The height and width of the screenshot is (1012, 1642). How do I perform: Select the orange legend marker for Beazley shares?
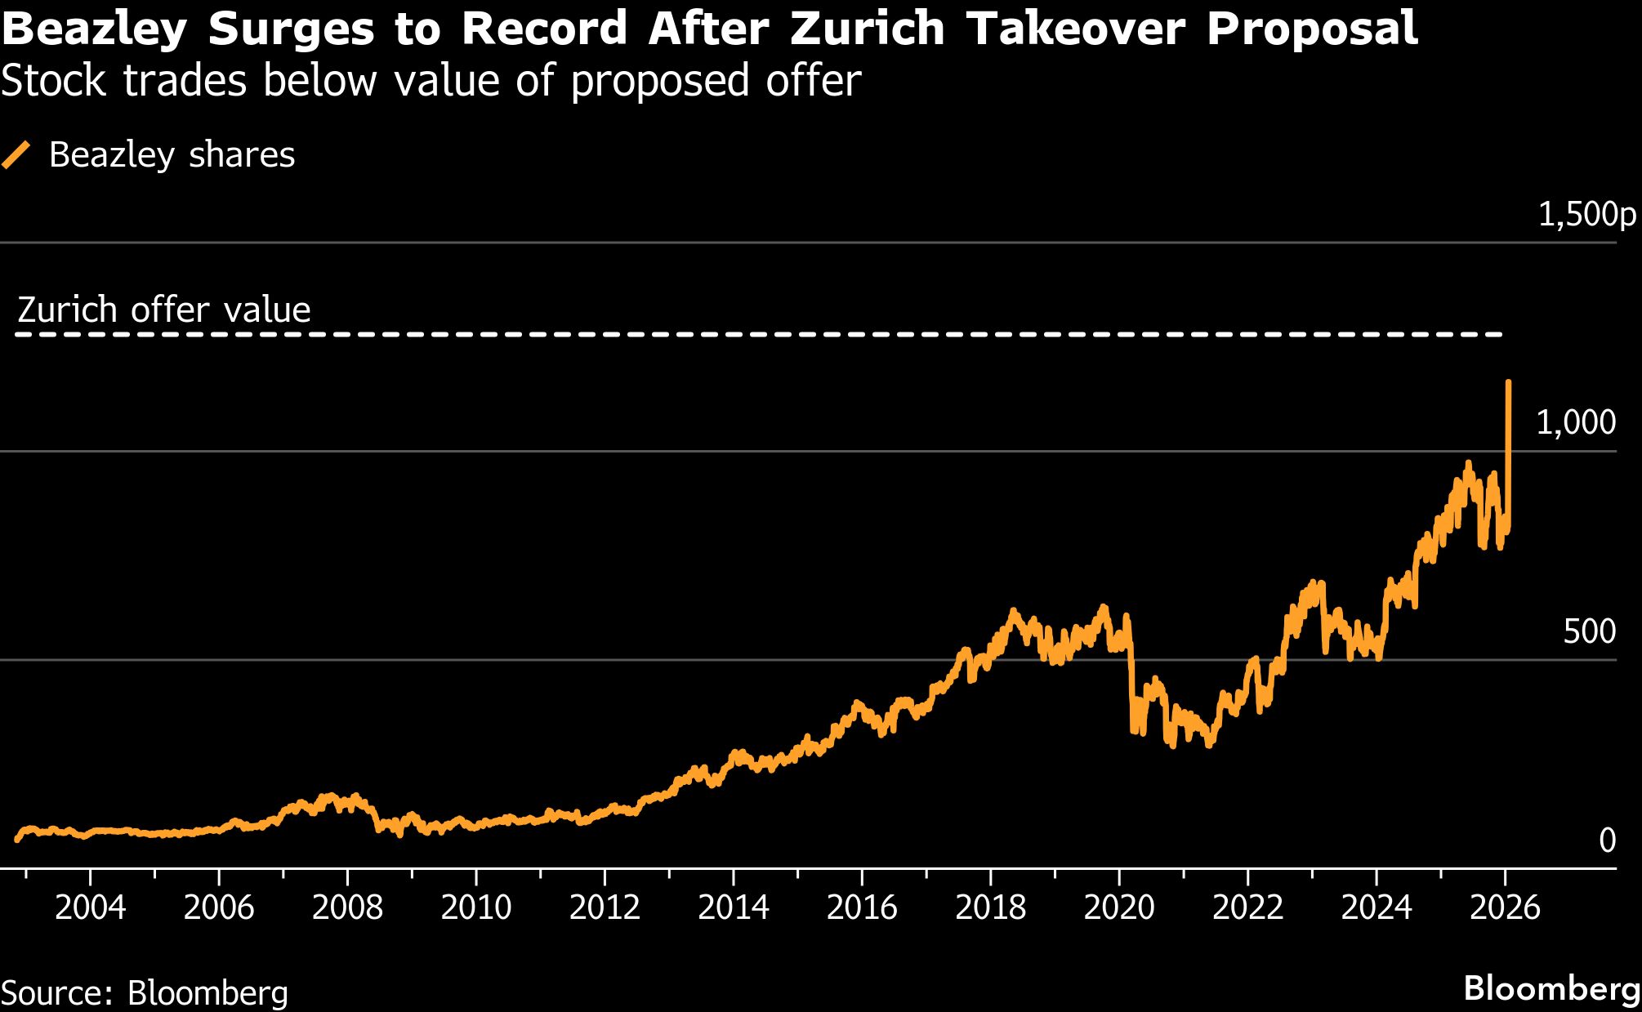tap(16, 154)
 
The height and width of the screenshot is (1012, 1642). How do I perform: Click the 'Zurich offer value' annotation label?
tap(163, 310)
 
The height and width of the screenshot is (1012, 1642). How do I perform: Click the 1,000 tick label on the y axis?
tap(1576, 422)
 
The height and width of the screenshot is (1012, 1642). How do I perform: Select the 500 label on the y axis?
tap(1589, 631)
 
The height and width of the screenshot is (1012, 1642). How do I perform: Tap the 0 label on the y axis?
tap(1607, 840)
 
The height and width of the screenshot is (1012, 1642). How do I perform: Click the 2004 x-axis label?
tap(90, 907)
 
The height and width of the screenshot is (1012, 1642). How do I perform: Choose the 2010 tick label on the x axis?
tap(476, 907)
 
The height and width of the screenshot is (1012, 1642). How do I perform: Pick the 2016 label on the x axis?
tap(862, 907)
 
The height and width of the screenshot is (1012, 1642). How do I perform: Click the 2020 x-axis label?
tap(1119, 907)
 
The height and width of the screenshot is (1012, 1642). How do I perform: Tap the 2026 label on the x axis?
tap(1505, 907)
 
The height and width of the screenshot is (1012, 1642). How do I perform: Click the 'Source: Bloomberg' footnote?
tap(145, 992)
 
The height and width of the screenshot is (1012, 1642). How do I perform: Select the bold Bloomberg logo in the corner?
tap(1551, 988)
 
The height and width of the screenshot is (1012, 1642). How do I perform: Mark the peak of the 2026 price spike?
tap(1508, 382)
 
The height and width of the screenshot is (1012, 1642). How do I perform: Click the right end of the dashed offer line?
tap(1500, 334)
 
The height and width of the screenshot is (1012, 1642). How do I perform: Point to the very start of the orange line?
tap(17, 839)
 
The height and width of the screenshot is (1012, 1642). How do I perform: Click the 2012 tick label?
tap(605, 907)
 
